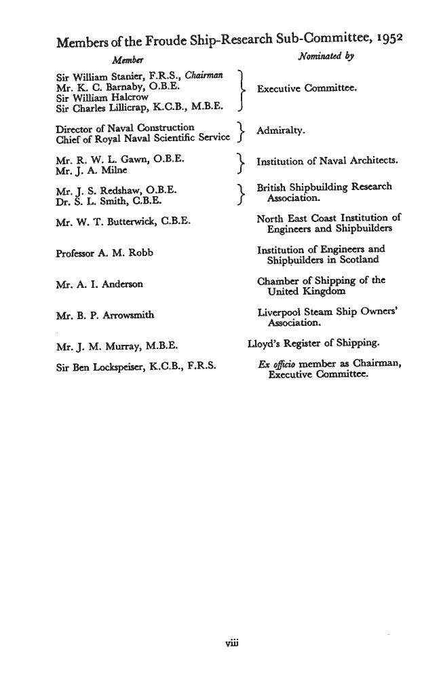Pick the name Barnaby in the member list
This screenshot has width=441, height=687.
click(117, 88)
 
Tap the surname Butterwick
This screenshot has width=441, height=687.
click(126, 221)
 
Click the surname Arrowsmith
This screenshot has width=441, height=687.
click(130, 315)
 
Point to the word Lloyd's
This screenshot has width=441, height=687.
click(263, 343)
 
